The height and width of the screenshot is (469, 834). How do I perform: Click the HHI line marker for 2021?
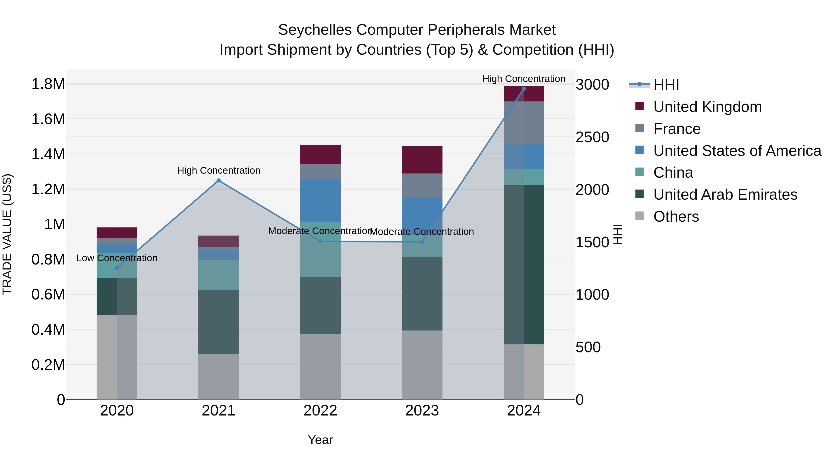coord(218,181)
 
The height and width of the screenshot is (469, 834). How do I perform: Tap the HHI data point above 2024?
coord(524,89)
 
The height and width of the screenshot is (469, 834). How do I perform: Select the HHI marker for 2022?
coord(320,242)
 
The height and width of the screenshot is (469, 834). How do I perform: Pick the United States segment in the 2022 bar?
coord(320,201)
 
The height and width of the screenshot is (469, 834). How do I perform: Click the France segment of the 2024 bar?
coord(524,123)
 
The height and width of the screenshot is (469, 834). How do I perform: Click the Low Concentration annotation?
coord(117,258)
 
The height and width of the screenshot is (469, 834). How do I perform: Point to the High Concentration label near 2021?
coord(218,170)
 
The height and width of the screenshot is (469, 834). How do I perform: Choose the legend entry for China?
coord(673,173)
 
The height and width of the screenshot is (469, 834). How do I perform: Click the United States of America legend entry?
coord(737,151)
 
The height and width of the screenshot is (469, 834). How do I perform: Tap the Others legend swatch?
coord(639,216)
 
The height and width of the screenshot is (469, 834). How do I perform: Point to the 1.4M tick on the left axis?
coord(48,154)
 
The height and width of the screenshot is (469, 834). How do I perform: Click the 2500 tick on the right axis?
coord(592,137)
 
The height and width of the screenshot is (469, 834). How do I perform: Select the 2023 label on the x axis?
coord(422,411)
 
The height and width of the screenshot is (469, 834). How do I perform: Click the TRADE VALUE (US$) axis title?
coord(7,234)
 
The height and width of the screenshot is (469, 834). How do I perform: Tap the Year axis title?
coord(320,440)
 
